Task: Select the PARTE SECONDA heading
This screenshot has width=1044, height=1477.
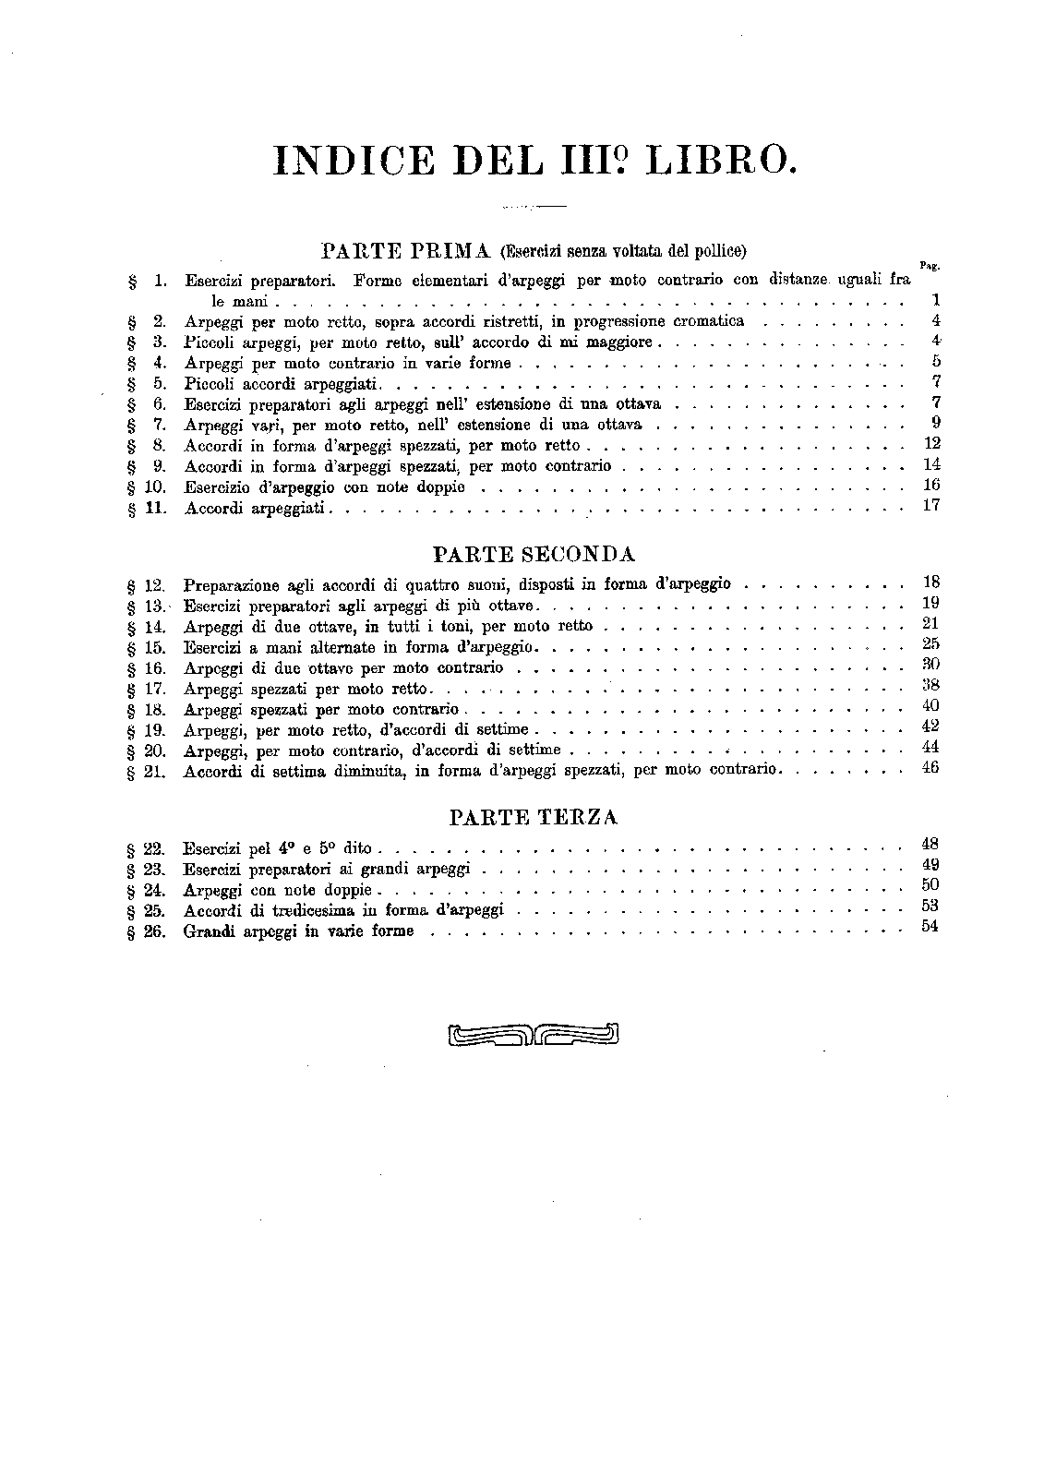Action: point(534,554)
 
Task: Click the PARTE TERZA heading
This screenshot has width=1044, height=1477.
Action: point(534,817)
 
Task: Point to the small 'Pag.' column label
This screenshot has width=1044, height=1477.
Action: point(929,266)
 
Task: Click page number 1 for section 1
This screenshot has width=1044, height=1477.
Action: point(935,300)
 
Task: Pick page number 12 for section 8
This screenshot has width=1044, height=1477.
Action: point(931,444)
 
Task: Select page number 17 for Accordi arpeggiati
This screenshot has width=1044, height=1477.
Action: point(930,505)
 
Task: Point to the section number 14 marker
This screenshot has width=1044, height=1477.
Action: point(154,626)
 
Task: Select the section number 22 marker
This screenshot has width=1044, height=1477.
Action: point(154,847)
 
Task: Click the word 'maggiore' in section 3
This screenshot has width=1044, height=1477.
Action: point(618,342)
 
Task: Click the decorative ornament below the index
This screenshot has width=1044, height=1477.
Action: point(533,1036)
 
